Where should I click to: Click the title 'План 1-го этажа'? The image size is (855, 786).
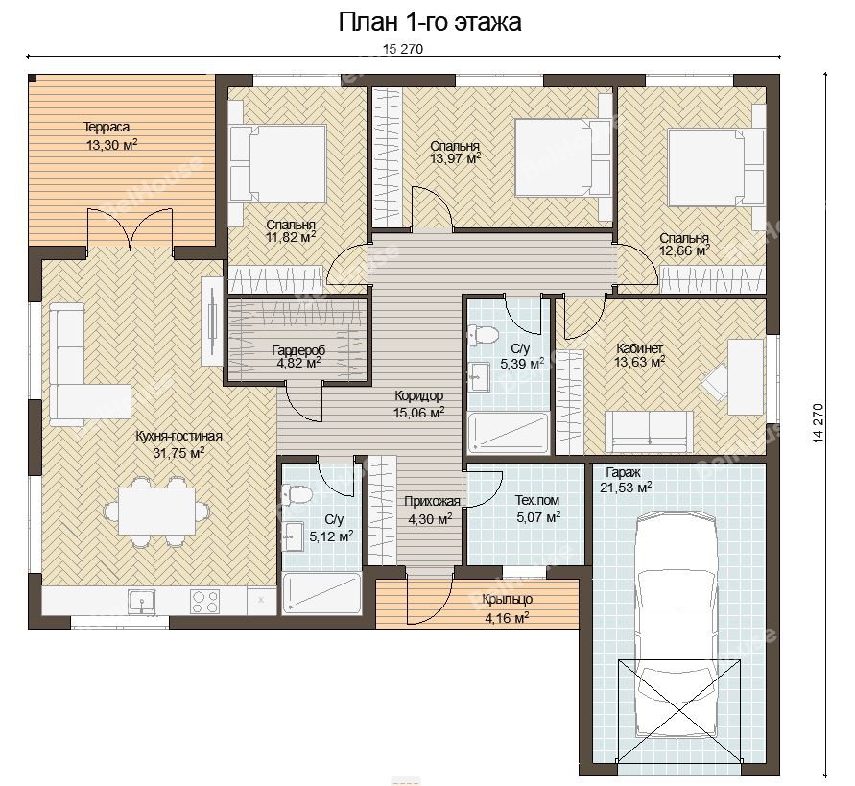click(x=430, y=22)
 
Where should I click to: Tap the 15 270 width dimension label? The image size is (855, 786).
click(x=403, y=49)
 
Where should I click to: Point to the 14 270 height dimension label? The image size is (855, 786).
click(x=818, y=422)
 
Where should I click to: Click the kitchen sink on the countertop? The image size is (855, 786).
click(x=142, y=602)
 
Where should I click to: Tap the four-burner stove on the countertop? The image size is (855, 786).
click(x=205, y=602)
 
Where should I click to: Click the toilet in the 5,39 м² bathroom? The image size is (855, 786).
click(x=483, y=334)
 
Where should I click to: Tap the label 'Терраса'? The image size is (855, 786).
click(x=107, y=127)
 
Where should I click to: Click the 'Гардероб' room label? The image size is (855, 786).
click(x=298, y=350)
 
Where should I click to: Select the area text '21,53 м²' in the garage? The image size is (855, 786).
click(x=626, y=488)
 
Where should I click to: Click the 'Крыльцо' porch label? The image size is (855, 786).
click(x=507, y=600)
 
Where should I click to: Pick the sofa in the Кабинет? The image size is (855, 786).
click(x=650, y=432)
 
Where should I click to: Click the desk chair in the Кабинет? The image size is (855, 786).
click(x=715, y=380)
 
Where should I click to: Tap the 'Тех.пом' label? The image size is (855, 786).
click(x=537, y=500)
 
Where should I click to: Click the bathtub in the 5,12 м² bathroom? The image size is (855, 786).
click(x=321, y=592)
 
